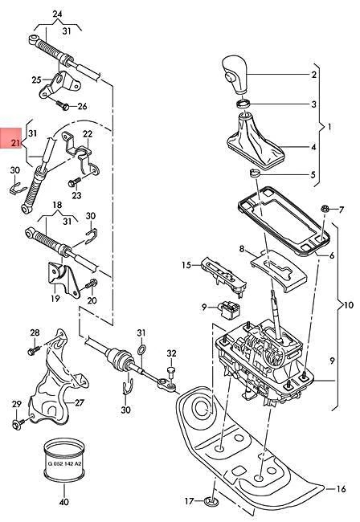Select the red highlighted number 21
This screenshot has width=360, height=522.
[x=14, y=142]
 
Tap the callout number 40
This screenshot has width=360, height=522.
[x=64, y=503]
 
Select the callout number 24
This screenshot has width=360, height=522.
[x=57, y=14]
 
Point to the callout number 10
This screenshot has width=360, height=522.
[x=347, y=305]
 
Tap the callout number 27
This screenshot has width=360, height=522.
[x=79, y=403]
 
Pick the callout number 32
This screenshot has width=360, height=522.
[x=171, y=353]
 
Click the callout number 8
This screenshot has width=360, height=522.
[x=241, y=251]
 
